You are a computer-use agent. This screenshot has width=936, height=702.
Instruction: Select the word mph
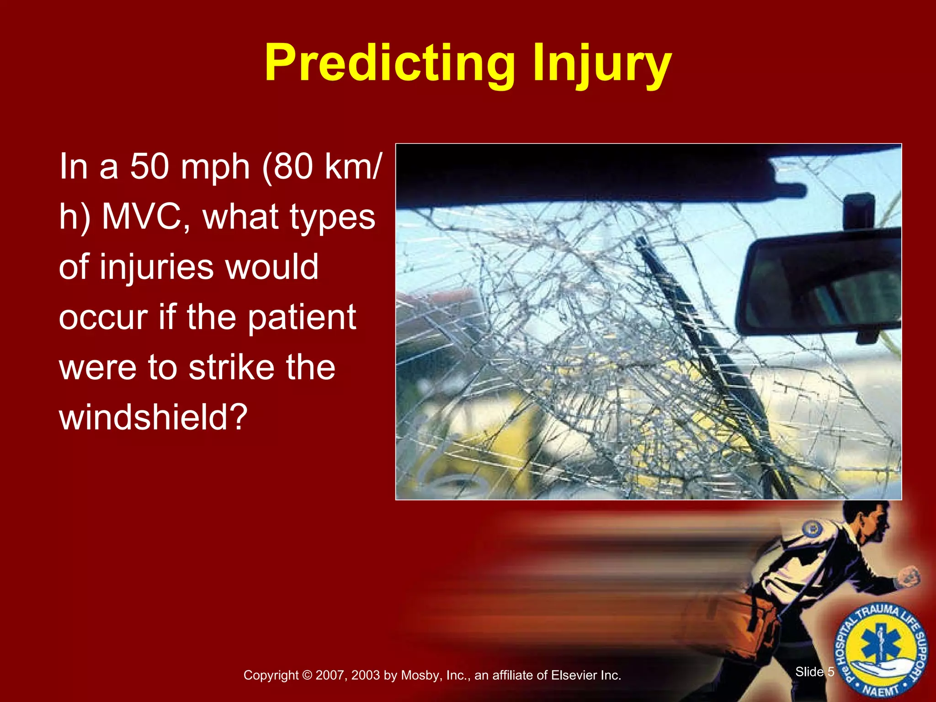coord(215,168)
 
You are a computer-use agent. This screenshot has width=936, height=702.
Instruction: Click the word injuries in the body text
coord(158,267)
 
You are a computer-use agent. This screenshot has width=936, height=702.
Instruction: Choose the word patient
coord(302,317)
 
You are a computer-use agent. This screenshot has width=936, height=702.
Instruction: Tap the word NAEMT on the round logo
coord(880,691)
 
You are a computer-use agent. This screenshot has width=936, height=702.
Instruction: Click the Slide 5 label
coord(814,672)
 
